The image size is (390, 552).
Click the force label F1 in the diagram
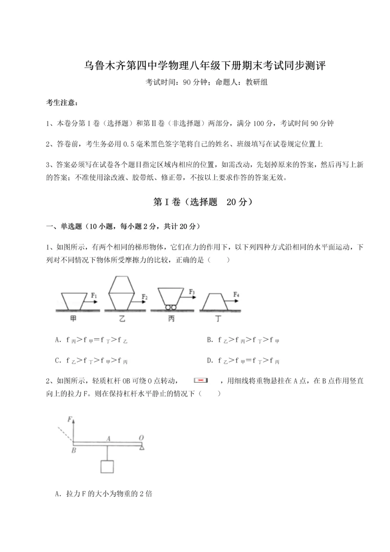point(94,295)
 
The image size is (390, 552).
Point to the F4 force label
point(236,294)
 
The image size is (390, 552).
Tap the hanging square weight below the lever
point(107,466)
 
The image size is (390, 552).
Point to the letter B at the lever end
point(74,450)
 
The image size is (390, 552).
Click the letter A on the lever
point(108,438)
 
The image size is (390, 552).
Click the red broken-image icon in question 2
point(201,379)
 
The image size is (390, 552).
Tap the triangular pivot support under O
point(141,448)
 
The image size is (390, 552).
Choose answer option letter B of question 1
point(209,340)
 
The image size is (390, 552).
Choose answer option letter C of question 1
point(58,361)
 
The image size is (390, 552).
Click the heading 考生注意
point(61,102)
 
